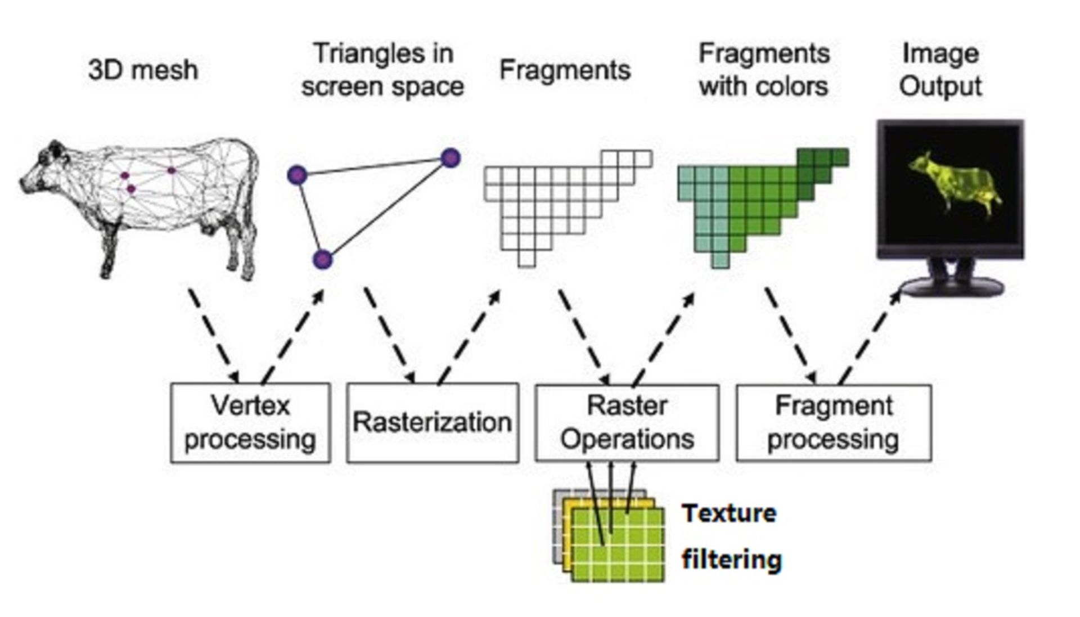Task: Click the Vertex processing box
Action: pyautogui.click(x=250, y=423)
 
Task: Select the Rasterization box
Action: pyautogui.click(x=432, y=423)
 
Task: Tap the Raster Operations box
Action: pyautogui.click(x=627, y=423)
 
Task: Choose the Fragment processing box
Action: pyautogui.click(x=833, y=423)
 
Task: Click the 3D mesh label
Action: pyautogui.click(x=143, y=70)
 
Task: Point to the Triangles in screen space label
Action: pyautogui.click(x=382, y=70)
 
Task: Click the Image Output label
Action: pyautogui.click(x=940, y=70)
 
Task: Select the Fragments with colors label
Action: pyautogui.click(x=763, y=70)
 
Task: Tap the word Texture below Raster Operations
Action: pyautogui.click(x=729, y=513)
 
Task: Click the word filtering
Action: pyautogui.click(x=731, y=559)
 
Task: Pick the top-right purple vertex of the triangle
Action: pyautogui.click(x=451, y=158)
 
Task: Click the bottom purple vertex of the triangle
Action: pyautogui.click(x=322, y=260)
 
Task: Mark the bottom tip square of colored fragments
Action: pyautogui.click(x=721, y=260)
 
